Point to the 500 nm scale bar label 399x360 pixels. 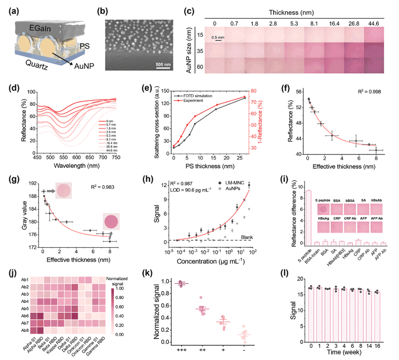(164, 64)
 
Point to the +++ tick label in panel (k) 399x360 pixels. (181, 349)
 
